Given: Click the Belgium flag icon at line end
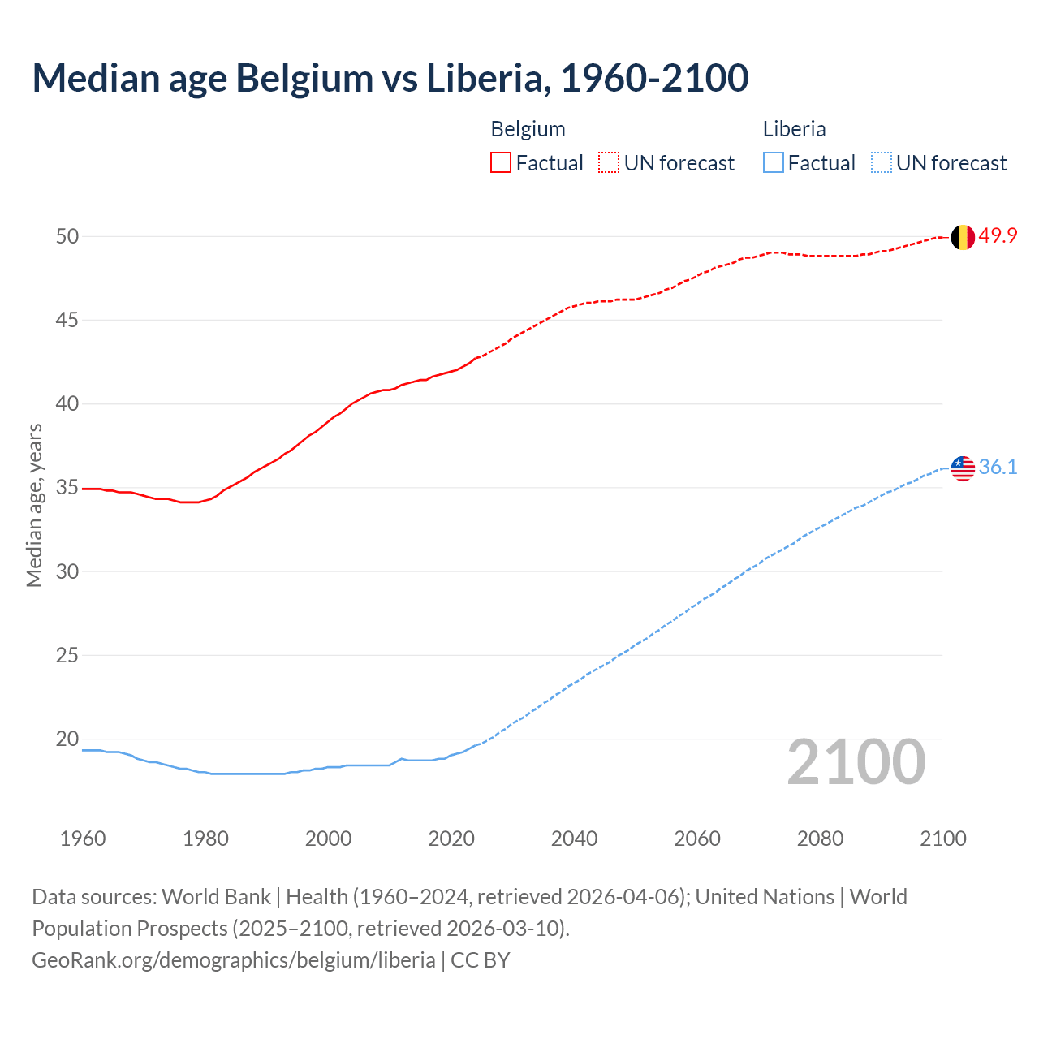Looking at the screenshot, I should pos(963,237).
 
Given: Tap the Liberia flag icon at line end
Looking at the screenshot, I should pos(963,468).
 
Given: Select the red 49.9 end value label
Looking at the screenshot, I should pos(998,236).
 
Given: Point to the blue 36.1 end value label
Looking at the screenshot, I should pos(998,467).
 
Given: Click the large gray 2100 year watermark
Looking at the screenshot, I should pos(856,761).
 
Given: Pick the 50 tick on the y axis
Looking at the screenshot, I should pos(67,236).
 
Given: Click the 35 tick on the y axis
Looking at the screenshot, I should pos(67,488).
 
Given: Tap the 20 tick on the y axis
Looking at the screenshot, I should pos(67,739).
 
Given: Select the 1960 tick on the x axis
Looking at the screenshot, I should pos(83,839).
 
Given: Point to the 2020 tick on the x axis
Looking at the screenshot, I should pos(451,839).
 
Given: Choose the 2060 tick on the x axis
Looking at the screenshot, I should pos(697,839).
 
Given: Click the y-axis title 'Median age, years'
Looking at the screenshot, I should pos(34,505).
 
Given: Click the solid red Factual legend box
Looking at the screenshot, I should pos(501,163).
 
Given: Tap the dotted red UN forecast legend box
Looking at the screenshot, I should pos(609,163).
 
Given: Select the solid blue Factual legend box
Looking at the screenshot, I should pos(774,163).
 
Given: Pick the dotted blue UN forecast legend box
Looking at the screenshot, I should pos(881,163).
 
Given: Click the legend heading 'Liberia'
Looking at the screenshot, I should pos(794,129).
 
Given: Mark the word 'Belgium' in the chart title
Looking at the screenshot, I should pos(304,78).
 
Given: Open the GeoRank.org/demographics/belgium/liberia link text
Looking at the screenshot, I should pos(234,960).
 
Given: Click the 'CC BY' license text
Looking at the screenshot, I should pos(481,960).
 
